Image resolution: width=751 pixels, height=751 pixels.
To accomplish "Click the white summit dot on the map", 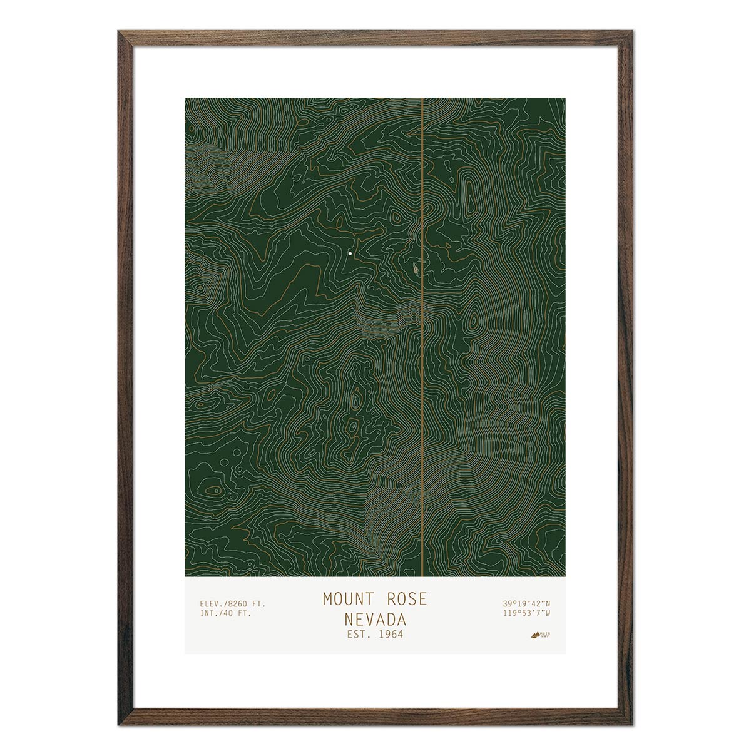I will click(350, 253).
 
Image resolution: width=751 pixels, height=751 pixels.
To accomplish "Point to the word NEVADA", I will click(374, 620).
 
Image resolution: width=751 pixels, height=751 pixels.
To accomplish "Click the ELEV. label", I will click(213, 603).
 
